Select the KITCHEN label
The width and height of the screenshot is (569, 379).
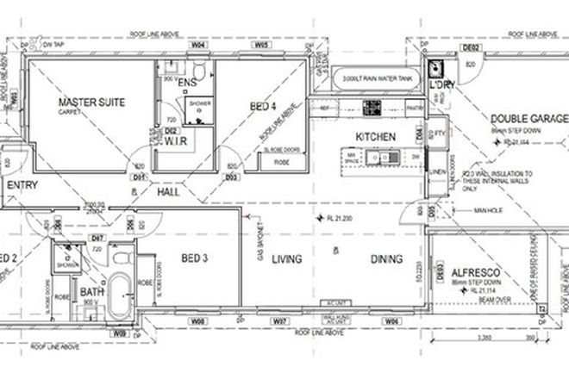click(x=375, y=137)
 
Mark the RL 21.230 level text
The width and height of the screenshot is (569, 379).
click(x=336, y=217)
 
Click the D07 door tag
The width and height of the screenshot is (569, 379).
click(x=98, y=236)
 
